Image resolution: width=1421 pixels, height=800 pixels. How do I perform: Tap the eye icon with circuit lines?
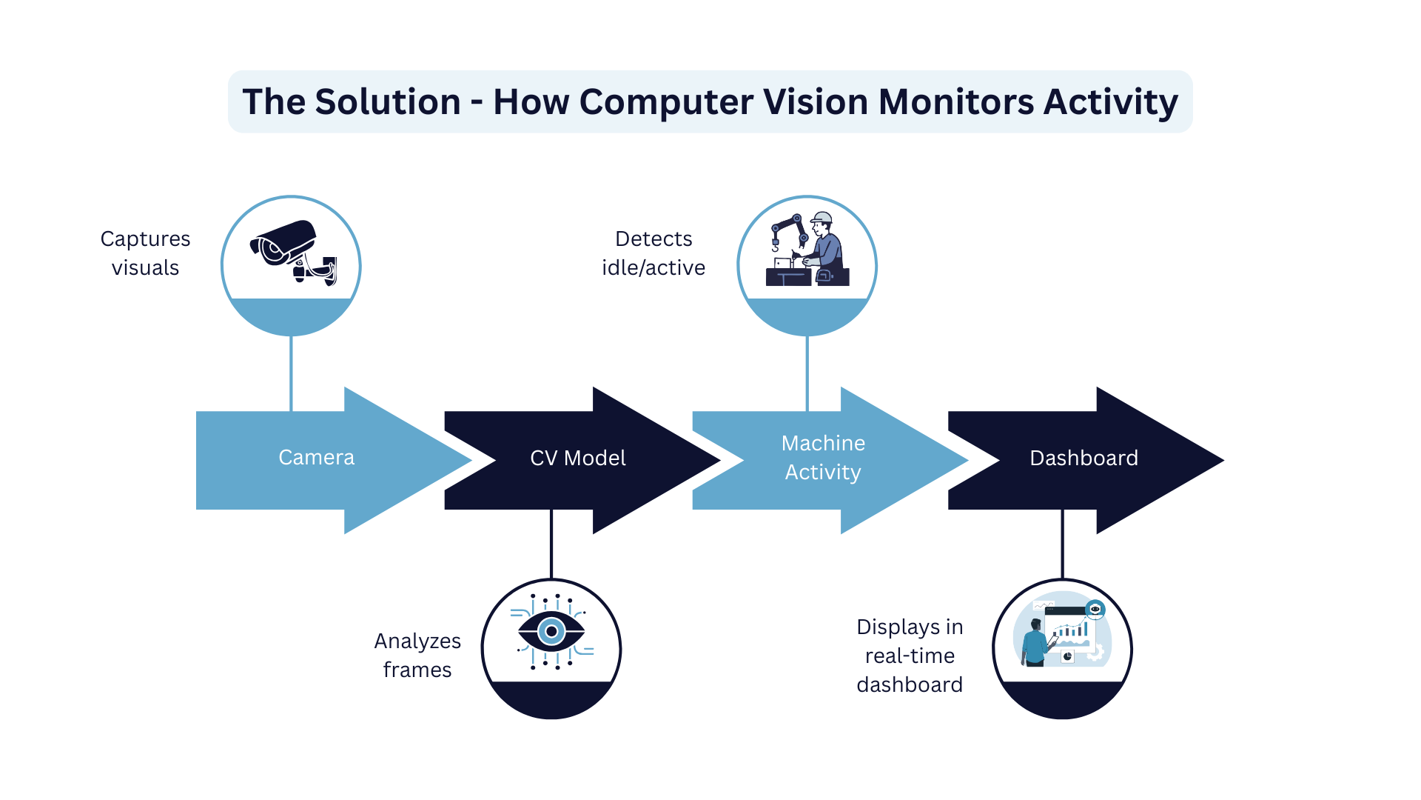point(551,632)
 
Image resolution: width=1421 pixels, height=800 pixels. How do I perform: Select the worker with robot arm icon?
point(807,250)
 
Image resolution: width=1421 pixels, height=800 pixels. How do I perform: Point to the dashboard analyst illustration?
point(1061,632)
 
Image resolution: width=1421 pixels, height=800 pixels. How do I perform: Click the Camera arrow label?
point(316,458)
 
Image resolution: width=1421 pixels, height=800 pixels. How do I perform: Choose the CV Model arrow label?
point(577,459)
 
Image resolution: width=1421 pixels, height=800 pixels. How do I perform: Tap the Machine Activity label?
point(823,458)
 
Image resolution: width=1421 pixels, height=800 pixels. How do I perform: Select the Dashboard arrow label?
point(1084,459)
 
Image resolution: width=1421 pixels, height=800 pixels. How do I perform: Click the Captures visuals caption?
point(145,253)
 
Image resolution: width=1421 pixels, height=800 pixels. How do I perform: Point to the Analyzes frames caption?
point(417,656)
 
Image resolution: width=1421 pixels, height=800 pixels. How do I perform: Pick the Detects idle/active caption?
point(654,253)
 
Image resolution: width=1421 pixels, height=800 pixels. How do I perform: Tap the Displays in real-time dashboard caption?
point(910,656)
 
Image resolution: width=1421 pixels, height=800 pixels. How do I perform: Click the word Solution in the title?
point(388,102)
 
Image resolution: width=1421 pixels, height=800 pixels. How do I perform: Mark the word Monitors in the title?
point(955,102)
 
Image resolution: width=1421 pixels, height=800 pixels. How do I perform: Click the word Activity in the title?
point(1110,102)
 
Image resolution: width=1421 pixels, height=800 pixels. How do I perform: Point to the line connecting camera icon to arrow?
point(292,373)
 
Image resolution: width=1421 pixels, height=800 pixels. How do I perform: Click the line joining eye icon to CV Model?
point(551,544)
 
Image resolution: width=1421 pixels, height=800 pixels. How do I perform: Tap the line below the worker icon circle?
point(807,373)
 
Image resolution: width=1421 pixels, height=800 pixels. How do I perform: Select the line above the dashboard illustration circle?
point(1063,544)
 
